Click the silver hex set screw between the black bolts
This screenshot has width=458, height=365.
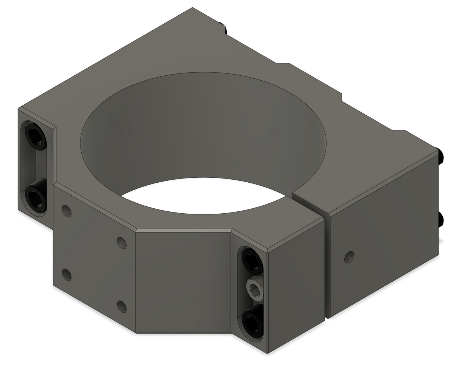coord(254,289)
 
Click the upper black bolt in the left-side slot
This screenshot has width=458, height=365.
coord(35,136)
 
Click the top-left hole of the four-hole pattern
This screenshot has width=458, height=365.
coord(67,211)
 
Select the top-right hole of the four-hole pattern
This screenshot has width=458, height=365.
coord(122,242)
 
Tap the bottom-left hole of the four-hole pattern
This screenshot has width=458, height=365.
coord(67,274)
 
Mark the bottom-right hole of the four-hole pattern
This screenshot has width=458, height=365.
coord(122,306)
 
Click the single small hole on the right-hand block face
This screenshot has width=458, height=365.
coord(349,257)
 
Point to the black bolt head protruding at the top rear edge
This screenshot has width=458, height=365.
coord(223,28)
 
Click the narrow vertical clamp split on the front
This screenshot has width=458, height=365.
coord(326,268)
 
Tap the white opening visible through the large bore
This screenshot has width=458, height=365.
coord(202,195)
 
